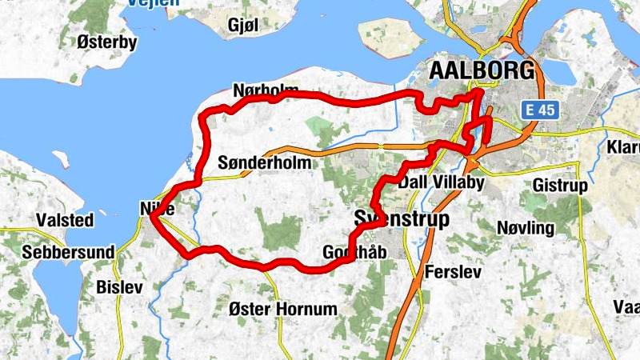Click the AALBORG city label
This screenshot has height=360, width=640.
coord(482,70)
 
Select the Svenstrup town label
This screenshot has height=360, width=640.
coord(402,218)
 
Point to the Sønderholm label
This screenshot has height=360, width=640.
coord(264,162)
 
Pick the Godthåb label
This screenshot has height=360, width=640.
coord(354,253)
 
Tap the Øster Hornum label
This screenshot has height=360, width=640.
coord(282,308)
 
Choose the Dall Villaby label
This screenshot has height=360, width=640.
coord(442,183)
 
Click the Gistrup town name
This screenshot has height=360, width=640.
coord(560,186)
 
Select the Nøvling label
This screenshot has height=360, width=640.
coord(525,228)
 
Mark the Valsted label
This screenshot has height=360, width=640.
coord(65,219)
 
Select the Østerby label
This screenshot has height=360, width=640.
coord(107,42)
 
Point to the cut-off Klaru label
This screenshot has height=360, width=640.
coord(623,148)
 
